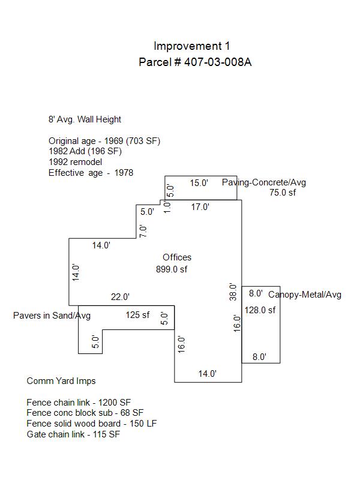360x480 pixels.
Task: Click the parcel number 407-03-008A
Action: (218, 62)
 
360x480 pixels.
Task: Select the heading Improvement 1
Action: (191, 46)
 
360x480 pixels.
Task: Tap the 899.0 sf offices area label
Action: (172, 269)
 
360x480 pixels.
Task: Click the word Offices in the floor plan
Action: (177, 257)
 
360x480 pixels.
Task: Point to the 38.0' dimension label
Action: (233, 292)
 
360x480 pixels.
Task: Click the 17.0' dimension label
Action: (200, 207)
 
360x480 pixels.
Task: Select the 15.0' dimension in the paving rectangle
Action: (199, 183)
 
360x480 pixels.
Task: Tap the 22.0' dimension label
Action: (120, 296)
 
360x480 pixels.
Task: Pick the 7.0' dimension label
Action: (143, 231)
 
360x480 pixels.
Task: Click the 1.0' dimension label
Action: (167, 207)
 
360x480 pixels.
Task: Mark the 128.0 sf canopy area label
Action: (260, 310)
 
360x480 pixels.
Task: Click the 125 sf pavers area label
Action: (137, 314)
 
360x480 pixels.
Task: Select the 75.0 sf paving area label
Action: (283, 193)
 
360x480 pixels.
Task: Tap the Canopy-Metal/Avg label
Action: (305, 295)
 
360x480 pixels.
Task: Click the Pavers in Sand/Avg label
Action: (52, 316)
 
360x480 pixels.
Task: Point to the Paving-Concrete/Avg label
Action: (264, 182)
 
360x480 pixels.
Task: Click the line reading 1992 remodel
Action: (76, 162)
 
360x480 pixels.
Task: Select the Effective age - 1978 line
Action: (91, 173)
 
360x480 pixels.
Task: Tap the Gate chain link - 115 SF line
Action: (73, 434)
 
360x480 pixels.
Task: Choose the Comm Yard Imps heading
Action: (61, 381)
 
